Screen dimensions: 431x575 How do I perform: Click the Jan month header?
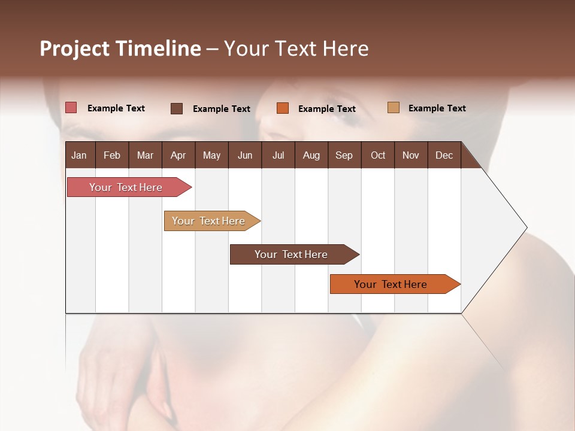(79, 155)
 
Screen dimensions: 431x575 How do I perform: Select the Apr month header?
(178, 155)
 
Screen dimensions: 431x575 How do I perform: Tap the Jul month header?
(278, 155)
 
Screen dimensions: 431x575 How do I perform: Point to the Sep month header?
(344, 155)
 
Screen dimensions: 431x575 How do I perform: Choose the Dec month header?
(444, 155)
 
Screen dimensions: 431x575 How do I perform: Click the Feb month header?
(112, 155)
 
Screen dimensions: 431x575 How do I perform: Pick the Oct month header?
(378, 155)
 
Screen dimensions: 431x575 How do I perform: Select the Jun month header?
(245, 155)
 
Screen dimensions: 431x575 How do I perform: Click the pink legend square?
(71, 108)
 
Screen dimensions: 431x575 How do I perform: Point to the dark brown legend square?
(177, 108)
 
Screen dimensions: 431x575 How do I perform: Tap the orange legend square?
(283, 108)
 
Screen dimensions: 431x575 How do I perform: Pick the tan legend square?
(394, 108)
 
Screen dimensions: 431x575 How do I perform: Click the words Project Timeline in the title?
(120, 48)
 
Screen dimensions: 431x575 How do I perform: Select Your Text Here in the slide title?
(296, 48)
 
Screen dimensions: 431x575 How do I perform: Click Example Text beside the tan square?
(437, 108)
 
